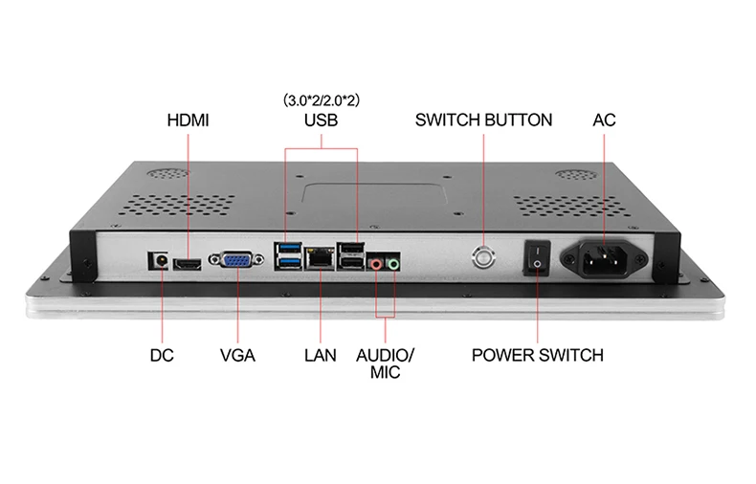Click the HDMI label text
(x=188, y=121)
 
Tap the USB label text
(x=322, y=121)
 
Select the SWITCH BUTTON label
(x=483, y=121)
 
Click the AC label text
(x=604, y=121)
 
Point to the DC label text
(x=162, y=355)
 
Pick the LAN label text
(x=321, y=355)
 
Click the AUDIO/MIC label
(x=385, y=363)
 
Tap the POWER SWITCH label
(x=538, y=355)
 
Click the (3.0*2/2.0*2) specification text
(x=322, y=99)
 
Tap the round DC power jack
(x=159, y=259)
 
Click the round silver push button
(x=483, y=256)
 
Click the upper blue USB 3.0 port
(x=288, y=251)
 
